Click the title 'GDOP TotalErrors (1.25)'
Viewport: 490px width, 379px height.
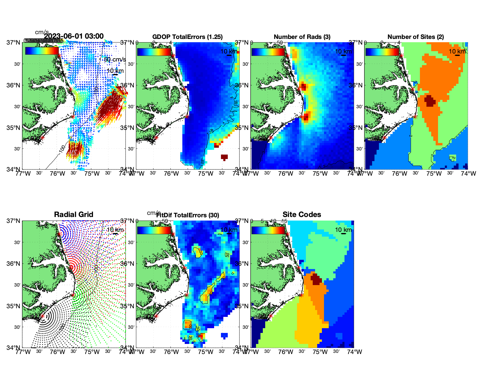[x=187, y=37]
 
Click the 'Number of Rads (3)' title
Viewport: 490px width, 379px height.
[x=302, y=37]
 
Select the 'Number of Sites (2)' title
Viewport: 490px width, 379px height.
[x=415, y=37]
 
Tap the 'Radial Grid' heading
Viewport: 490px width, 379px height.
[x=74, y=215]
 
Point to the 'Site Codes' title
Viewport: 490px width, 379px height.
[x=302, y=215]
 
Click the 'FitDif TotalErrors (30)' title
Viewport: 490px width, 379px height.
[x=188, y=215]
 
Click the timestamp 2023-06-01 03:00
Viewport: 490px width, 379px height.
[x=74, y=36]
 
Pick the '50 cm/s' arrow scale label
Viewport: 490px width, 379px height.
[x=115, y=59]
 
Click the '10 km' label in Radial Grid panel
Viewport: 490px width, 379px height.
[x=115, y=230]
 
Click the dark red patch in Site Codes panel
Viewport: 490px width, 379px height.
[x=316, y=279]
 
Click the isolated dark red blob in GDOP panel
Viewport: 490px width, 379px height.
[x=224, y=157]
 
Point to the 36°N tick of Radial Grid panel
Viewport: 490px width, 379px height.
[x=14, y=264]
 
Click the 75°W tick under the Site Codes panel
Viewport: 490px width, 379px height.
[x=320, y=352]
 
